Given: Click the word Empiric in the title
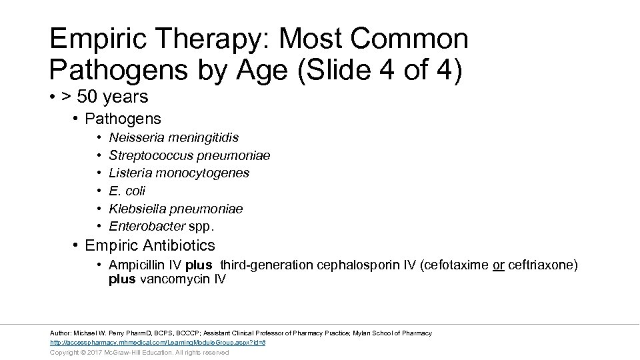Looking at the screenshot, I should pyautogui.click(x=91, y=39).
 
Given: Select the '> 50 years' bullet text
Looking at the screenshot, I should pyautogui.click(x=105, y=97).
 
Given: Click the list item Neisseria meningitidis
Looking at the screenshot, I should pyautogui.click(x=173, y=137).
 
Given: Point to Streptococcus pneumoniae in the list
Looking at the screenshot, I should pyautogui.click(x=189, y=155).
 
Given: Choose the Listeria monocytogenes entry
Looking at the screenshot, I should pyautogui.click(x=179, y=173).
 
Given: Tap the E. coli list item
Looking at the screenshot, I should pyautogui.click(x=127, y=191).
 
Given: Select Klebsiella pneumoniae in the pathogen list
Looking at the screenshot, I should pyautogui.click(x=176, y=209).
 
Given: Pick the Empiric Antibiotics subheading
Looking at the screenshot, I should pyautogui.click(x=150, y=245).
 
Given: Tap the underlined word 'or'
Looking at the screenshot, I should pyautogui.click(x=498, y=265).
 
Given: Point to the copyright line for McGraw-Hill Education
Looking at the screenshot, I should pyautogui.click(x=139, y=352).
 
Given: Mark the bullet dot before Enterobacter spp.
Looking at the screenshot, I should pyautogui.click(x=99, y=227).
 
